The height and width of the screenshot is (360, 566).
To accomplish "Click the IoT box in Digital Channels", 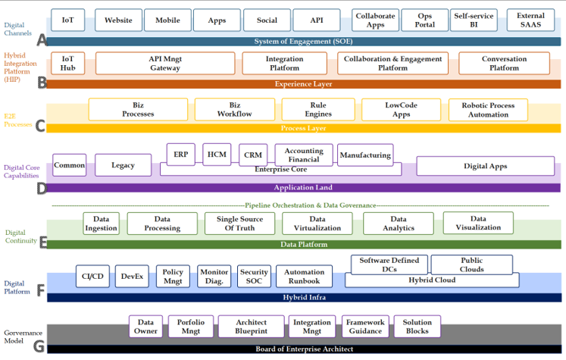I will pos(67,20).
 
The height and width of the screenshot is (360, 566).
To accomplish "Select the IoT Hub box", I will pos(67,63).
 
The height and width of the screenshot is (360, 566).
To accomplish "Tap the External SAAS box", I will pos(530,20).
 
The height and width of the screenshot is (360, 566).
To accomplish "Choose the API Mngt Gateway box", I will pos(164,63).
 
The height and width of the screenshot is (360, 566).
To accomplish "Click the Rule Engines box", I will pos(318,109).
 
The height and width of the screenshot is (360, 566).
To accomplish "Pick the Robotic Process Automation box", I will pos(488,109).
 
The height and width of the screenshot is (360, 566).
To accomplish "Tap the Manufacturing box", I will pos(365,155).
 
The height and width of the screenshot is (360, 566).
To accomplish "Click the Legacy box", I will pos(123,164).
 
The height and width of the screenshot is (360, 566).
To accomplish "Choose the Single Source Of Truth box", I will pos(239,223).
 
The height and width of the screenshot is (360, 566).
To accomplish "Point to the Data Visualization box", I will pos(478,223).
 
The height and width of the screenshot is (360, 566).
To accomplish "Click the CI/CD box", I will pos(93,277).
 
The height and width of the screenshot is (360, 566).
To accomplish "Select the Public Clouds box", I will pos(471,265).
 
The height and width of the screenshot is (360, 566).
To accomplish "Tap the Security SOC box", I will pos(254,277).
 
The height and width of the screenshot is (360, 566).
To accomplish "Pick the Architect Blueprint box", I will pos(252,327).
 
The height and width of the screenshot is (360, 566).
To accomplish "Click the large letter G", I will pos(40,347).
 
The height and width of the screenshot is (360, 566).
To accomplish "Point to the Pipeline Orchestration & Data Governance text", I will pos(310,205).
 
